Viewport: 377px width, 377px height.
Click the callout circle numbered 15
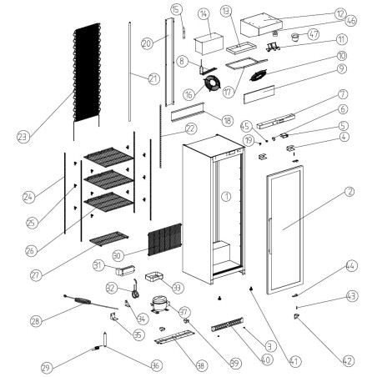[x=176, y=9]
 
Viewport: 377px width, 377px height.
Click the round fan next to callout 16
[x=215, y=83]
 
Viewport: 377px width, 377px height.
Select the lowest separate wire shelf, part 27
[x=108, y=240]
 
